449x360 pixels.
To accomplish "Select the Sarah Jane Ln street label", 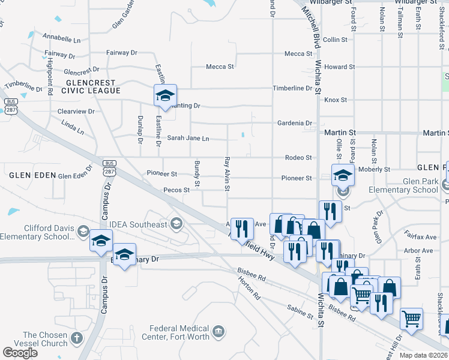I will [188, 139].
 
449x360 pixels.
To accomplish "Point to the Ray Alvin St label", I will [227, 175].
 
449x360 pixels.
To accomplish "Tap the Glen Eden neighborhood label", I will [24, 175].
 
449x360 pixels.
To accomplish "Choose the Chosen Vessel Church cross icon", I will [76, 338].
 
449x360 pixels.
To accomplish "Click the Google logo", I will [20, 353].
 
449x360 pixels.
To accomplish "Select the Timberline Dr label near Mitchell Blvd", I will [293, 88].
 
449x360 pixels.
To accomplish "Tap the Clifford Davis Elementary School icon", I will [83, 232].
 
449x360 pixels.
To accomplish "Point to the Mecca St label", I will [220, 67].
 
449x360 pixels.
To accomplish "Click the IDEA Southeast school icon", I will [176, 224].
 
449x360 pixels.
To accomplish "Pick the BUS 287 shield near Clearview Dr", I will [10, 105].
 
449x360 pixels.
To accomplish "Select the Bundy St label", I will [196, 173].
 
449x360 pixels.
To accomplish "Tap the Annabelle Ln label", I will [62, 40].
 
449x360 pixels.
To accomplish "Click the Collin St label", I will [335, 40].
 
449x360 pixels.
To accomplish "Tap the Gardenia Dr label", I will [295, 123].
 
